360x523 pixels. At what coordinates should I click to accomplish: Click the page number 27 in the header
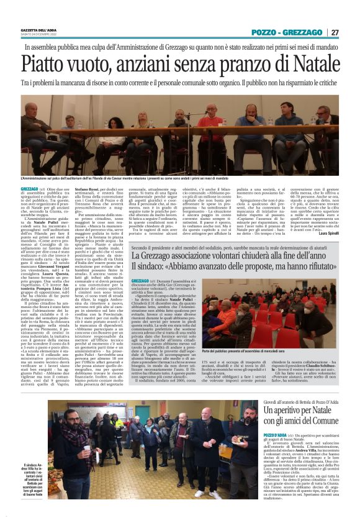pyautogui.click(x=335, y=32)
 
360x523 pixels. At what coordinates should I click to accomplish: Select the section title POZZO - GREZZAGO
pyautogui.click(x=287, y=32)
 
